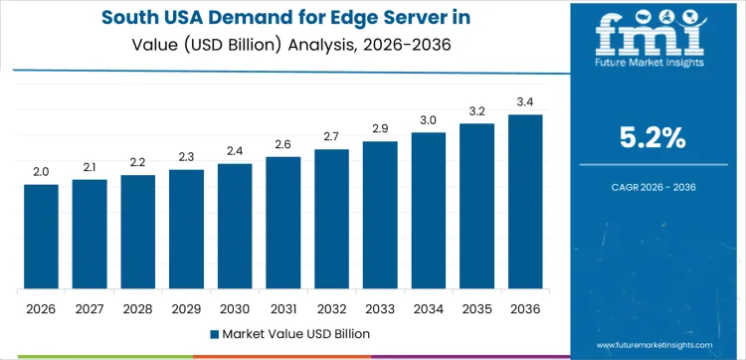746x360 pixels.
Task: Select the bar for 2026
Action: coord(41,237)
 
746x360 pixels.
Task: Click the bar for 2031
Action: coord(283,223)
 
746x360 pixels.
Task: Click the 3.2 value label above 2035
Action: coord(476,110)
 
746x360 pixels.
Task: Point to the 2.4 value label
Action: coord(235,150)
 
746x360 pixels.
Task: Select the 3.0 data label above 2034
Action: coord(429,119)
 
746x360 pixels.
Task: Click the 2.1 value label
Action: coord(90,166)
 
